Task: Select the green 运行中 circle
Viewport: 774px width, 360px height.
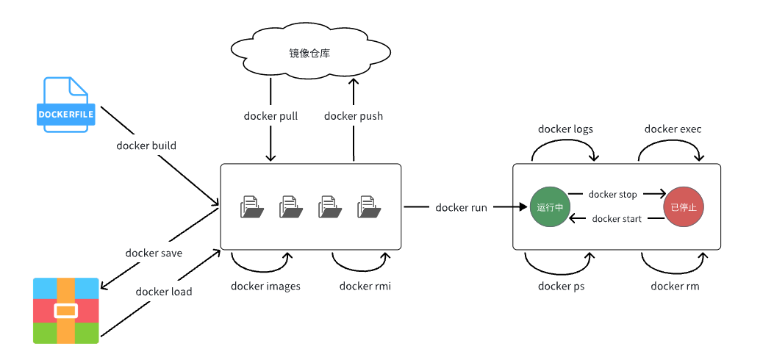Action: point(550,208)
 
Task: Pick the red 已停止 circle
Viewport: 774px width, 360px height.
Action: point(683,208)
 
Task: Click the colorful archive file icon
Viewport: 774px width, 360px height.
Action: point(65,311)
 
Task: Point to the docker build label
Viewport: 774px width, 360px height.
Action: point(146,145)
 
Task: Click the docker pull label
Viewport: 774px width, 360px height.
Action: point(270,116)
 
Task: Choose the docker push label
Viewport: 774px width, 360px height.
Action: point(353,116)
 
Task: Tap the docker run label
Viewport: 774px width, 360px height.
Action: point(461,208)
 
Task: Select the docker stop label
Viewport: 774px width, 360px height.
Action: point(612,195)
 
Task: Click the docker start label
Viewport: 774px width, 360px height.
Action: point(616,219)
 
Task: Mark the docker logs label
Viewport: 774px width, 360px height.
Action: point(565,129)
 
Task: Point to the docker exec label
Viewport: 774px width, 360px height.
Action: point(673,129)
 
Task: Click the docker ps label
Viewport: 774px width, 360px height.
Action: point(560,286)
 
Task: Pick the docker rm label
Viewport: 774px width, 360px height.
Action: point(675,286)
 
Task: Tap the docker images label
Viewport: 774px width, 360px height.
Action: point(265,286)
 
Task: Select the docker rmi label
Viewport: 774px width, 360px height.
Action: point(365,286)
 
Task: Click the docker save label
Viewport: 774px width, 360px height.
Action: point(154,253)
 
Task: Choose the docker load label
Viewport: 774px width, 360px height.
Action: point(164,292)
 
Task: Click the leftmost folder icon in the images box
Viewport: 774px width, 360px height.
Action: point(251,207)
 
